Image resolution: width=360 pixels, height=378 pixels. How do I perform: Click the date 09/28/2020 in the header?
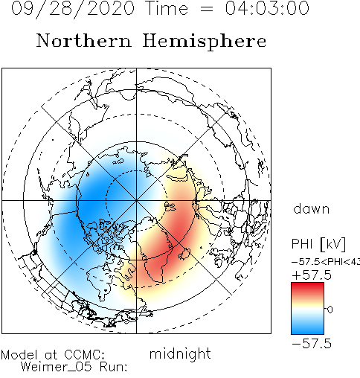coord(73,9)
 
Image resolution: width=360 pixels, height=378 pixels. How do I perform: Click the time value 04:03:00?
coord(267,8)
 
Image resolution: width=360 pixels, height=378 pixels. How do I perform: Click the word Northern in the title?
coord(84,40)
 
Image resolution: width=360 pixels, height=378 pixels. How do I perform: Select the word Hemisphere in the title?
coord(205,42)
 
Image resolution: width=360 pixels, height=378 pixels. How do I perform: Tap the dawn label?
coord(312,209)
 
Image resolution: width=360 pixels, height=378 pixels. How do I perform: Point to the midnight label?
coord(180,353)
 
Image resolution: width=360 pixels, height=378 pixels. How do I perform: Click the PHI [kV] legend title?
coord(318,244)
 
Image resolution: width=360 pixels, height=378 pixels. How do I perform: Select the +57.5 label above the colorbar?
coord(312,275)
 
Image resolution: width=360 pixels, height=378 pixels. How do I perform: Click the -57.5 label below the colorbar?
coord(312,344)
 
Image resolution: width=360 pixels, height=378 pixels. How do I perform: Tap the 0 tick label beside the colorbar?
coord(330,310)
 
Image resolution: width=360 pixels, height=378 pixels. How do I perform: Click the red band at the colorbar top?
coord(307,287)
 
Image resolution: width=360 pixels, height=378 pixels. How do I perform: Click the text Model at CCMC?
coord(53,355)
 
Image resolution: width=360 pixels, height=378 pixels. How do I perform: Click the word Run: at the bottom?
coord(113,367)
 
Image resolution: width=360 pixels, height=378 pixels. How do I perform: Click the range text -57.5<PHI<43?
coord(326,262)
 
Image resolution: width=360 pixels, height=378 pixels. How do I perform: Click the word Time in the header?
coord(167,8)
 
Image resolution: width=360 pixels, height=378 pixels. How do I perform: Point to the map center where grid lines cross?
coord(136,200)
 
